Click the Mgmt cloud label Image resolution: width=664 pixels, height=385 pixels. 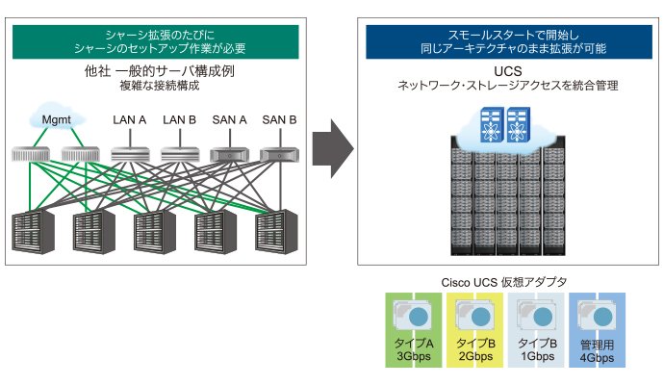(x=57, y=120)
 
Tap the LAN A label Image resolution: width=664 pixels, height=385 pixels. (x=130, y=120)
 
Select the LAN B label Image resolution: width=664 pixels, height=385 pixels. (x=180, y=120)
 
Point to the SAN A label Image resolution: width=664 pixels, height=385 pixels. (x=230, y=120)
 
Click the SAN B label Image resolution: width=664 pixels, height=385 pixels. (x=279, y=120)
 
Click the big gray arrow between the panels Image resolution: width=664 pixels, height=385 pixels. (x=333, y=148)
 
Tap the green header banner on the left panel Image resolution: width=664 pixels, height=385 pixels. (x=155, y=42)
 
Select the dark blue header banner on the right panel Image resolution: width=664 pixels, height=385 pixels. (x=509, y=42)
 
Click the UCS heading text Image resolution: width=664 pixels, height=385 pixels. (x=508, y=71)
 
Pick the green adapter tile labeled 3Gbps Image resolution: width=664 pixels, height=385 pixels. (x=413, y=330)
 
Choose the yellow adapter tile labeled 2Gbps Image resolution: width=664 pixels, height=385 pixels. (x=475, y=330)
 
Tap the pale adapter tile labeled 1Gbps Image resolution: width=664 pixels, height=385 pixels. (x=537, y=330)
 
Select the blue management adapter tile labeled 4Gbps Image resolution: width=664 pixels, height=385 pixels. (x=597, y=330)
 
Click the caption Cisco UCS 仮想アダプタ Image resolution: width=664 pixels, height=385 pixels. (x=504, y=282)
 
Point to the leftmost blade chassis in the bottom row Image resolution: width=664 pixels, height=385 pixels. (x=33, y=232)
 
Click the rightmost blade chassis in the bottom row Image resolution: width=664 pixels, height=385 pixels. (x=276, y=232)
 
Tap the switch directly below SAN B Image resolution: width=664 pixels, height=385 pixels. (x=279, y=155)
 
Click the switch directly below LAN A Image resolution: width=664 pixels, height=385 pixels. (x=130, y=155)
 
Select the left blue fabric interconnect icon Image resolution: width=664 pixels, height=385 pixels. (x=492, y=124)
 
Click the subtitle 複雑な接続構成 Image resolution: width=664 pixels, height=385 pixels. (x=160, y=86)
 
